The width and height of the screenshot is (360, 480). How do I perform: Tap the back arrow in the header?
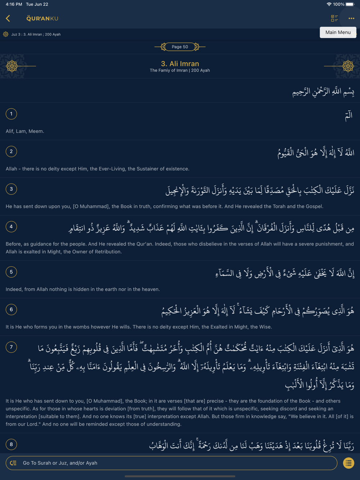(8, 18)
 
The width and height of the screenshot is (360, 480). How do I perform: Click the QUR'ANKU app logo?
(42, 18)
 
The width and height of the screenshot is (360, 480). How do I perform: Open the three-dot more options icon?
(351, 18)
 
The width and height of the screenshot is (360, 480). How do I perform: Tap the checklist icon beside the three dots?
(334, 18)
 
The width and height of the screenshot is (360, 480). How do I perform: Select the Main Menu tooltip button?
(338, 32)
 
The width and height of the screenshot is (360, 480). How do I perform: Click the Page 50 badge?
(180, 47)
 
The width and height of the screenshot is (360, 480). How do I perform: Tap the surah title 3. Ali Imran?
(180, 64)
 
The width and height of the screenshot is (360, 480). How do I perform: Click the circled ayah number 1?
(11, 114)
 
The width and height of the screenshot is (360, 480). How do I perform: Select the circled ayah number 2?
(11, 151)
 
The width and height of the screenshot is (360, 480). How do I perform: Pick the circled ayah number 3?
(11, 189)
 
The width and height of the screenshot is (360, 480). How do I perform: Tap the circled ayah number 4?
(11, 227)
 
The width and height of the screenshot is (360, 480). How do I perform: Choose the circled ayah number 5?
(11, 272)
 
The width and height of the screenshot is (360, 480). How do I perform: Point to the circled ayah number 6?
(11, 309)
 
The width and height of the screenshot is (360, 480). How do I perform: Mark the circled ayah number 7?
(11, 347)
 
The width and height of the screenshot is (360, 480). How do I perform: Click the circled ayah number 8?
(11, 444)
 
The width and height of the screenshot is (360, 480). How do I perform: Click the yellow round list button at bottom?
(348, 463)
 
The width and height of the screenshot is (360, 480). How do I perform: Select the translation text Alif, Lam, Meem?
(25, 131)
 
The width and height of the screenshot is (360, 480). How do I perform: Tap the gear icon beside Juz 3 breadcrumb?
(6, 34)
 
